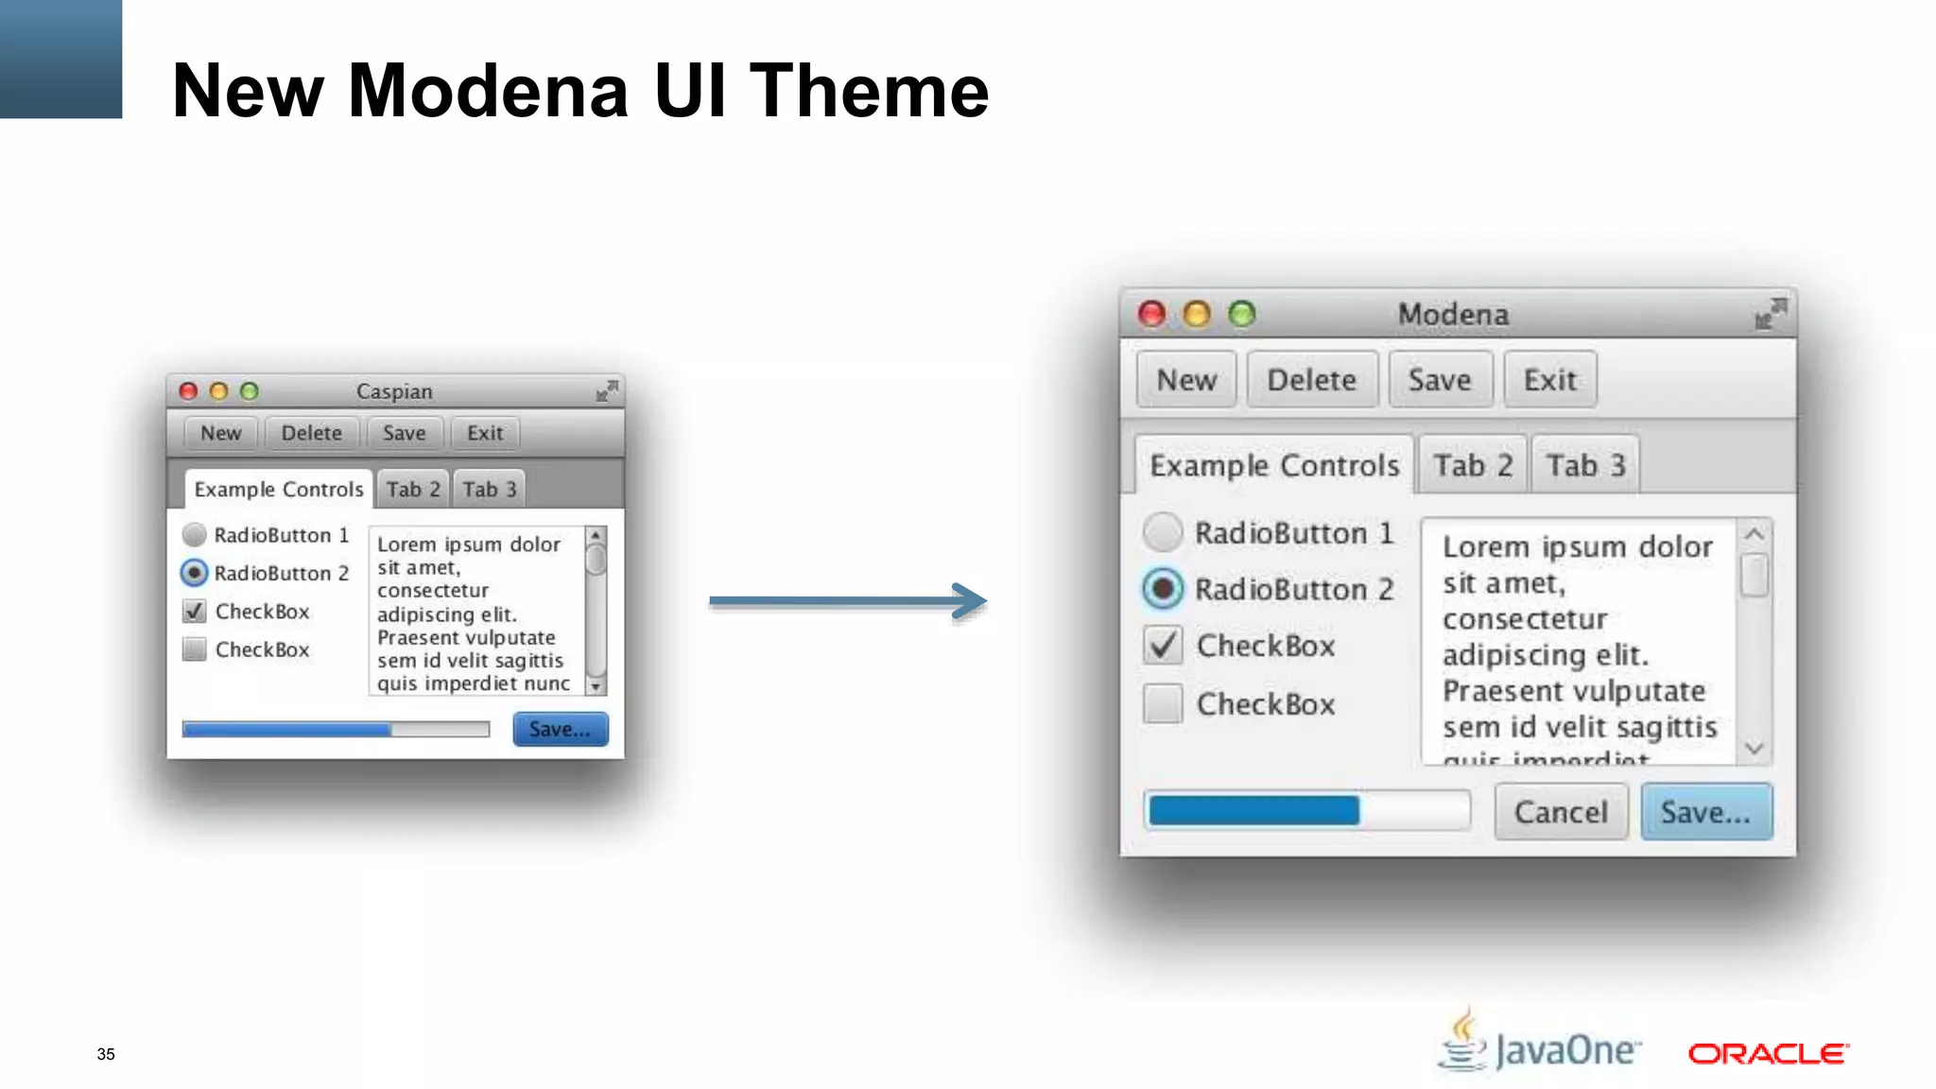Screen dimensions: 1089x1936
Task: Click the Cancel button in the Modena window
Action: (1561, 812)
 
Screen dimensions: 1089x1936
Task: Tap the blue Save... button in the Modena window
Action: (1706, 812)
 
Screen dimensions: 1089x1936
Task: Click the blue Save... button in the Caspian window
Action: (561, 730)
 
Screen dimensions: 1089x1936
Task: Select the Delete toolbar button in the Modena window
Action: (1311, 380)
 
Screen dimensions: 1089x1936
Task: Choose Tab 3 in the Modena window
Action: (1585, 465)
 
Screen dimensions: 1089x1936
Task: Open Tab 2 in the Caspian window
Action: (413, 490)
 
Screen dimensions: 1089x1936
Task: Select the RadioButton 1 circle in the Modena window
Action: (1163, 532)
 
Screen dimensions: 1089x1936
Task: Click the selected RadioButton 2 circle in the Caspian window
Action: (194, 573)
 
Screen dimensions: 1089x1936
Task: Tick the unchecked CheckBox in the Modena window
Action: (1163, 703)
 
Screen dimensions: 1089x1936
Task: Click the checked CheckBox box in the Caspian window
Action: (194, 612)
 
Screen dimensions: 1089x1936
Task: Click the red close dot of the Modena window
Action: (1151, 314)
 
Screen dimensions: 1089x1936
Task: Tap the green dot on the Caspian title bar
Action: (250, 391)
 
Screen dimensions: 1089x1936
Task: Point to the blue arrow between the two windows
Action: (847, 600)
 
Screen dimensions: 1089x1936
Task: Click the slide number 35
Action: (106, 1054)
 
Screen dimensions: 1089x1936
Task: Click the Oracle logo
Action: (1768, 1053)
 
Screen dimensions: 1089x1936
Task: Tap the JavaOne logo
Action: (1541, 1045)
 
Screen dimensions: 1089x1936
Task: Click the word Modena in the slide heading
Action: (488, 91)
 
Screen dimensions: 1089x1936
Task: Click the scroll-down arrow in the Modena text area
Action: (1754, 749)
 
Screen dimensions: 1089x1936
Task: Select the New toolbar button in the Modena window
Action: (1186, 380)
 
